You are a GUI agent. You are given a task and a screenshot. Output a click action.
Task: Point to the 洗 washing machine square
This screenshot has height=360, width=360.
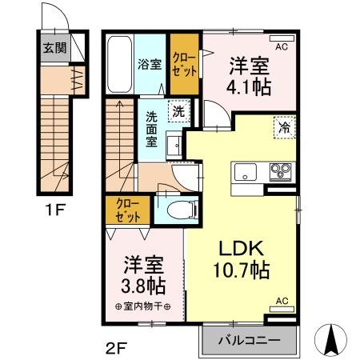tap(178, 112)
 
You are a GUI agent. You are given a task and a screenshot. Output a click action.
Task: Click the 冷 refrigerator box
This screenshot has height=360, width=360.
tap(283, 127)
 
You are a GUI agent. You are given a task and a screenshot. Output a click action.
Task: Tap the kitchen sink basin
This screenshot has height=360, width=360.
tap(245, 172)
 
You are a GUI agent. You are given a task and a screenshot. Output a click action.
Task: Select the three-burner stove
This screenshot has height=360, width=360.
tap(282, 171)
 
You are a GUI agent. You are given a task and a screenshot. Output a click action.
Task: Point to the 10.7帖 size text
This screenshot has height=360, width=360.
tap(239, 272)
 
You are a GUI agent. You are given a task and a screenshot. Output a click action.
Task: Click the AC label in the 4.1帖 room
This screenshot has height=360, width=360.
tap(282, 47)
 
